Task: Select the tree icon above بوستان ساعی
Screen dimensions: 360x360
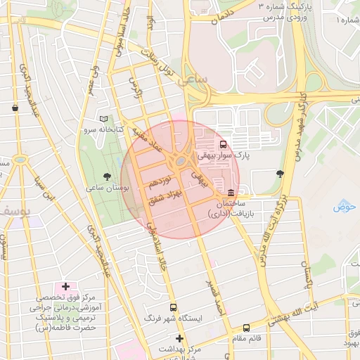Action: pos(107,176)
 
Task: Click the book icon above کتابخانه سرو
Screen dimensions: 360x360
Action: pos(104,120)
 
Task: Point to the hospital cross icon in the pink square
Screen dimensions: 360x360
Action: pos(66,287)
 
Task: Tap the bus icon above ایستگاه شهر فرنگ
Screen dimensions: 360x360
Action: pos(174,308)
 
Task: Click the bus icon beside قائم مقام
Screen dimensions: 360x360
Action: pos(246,328)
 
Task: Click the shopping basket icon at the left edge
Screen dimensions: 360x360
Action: pos(15,108)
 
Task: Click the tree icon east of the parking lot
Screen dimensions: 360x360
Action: pos(281,173)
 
